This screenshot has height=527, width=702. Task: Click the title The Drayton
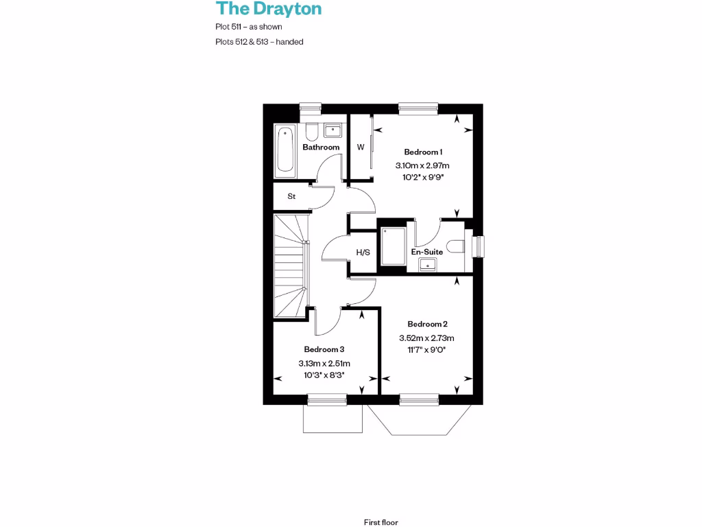point(269,9)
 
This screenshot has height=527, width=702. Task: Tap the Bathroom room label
point(321,147)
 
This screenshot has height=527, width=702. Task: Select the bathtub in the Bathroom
point(285,149)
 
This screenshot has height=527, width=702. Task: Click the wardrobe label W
point(360,147)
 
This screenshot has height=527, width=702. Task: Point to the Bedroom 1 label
point(422,152)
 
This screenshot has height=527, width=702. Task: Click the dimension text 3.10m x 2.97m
point(422,165)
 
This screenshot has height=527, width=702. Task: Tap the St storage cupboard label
point(291,196)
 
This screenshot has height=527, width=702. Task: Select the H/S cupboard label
point(363,252)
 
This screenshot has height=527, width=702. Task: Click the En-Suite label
point(426,252)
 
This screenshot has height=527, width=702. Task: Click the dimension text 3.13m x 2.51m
point(324,364)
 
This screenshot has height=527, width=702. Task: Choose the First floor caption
point(381,522)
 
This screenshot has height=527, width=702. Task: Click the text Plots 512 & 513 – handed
point(259,42)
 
